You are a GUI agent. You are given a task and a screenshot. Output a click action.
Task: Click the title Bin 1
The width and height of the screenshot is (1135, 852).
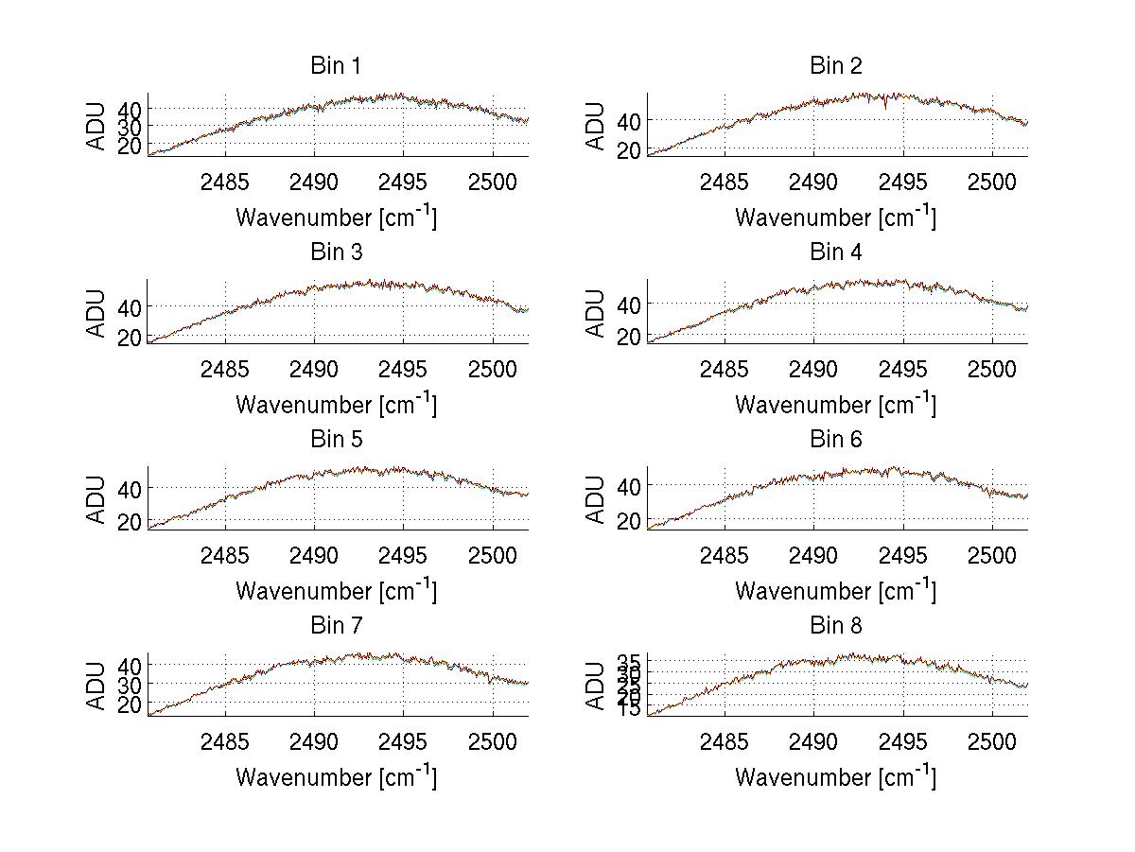point(336,66)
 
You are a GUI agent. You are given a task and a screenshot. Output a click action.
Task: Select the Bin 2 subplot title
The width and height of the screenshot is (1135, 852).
point(835,66)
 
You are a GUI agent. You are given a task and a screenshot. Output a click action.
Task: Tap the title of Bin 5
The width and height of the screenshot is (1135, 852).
point(336,440)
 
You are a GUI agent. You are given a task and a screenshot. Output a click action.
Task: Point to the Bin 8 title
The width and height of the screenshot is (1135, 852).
point(835,626)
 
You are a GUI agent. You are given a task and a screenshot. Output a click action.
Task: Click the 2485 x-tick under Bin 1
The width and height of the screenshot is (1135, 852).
point(225,183)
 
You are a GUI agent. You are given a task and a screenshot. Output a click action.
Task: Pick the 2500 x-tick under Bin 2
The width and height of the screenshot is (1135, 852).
point(992,183)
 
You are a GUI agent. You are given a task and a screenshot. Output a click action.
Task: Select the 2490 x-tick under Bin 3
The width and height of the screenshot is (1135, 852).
point(314,370)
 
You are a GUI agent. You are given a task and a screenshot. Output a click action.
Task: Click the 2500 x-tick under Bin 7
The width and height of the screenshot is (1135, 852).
point(493,742)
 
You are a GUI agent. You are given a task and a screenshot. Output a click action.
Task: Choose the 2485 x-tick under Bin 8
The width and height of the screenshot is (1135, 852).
point(725,742)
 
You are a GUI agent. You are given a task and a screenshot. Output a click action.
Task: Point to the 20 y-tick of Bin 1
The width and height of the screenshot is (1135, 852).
point(130,145)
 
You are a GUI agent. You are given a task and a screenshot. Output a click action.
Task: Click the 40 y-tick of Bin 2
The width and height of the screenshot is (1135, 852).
point(629,120)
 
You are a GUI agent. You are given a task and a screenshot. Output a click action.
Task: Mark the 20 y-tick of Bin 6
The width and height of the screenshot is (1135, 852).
point(629,521)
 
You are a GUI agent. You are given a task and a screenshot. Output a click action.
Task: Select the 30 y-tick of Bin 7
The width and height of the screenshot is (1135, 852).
point(130,684)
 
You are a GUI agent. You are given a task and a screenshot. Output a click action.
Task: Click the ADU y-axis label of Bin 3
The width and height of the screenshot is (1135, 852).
point(97,313)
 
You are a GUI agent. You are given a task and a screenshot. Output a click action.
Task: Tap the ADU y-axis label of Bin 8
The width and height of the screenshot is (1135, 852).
point(596,687)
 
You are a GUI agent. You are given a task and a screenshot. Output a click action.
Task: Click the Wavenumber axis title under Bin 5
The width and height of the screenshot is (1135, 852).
point(336,591)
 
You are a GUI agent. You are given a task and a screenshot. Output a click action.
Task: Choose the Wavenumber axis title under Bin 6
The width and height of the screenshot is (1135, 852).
point(835,591)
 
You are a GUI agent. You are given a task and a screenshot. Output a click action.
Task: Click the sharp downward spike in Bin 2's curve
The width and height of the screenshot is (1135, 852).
point(885,106)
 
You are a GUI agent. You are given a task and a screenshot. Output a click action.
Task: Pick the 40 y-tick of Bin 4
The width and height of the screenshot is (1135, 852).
point(629,304)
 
